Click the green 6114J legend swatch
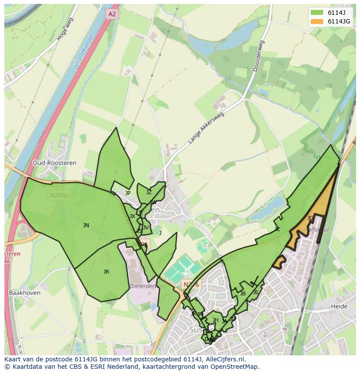317,12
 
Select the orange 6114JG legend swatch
317,21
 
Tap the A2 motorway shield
112,14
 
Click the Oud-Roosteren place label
54,163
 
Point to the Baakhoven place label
24,293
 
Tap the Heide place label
339,306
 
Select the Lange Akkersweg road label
206,129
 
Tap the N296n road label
59,195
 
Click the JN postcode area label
86,225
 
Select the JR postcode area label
106,271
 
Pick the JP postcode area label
127,193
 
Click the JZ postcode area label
149,192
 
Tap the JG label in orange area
310,218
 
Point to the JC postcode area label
277,229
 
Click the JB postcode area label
243,293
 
